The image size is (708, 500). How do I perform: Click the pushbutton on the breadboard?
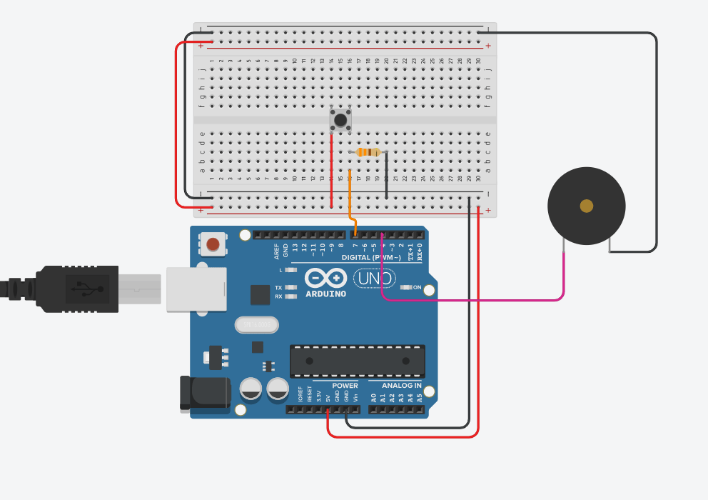(340, 119)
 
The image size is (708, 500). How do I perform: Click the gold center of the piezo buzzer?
(587, 206)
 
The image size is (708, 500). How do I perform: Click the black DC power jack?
(204, 394)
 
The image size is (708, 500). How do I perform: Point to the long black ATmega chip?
(357, 361)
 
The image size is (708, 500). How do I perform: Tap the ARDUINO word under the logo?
(326, 294)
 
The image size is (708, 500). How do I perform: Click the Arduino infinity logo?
(326, 278)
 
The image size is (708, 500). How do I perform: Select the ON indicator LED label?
(417, 287)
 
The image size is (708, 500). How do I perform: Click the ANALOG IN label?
(396, 386)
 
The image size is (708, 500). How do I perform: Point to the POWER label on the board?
(345, 386)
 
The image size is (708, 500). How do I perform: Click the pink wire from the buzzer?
(485, 299)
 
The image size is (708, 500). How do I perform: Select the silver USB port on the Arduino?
(196, 289)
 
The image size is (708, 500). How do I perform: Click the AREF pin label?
(277, 251)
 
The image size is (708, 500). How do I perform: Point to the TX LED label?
(278, 287)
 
